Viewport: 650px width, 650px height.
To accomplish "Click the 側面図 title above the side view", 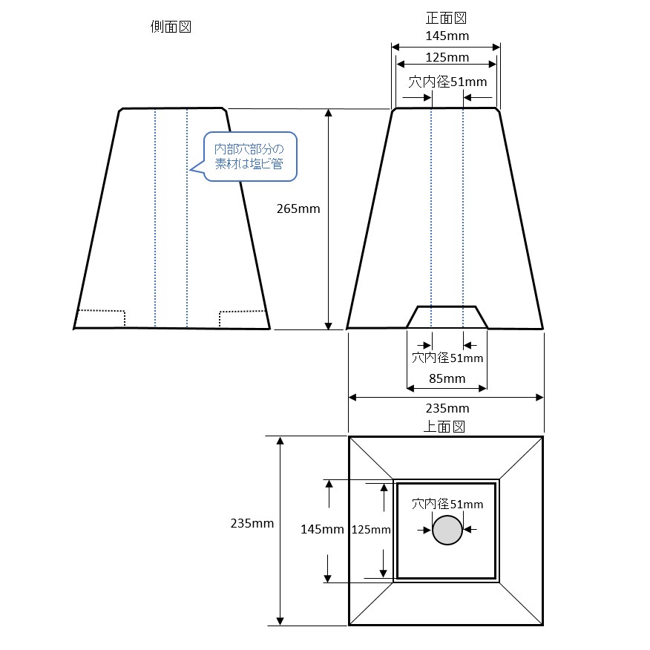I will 171,26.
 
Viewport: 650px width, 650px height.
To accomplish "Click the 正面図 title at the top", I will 446,17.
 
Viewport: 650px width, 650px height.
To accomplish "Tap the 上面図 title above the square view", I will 444,426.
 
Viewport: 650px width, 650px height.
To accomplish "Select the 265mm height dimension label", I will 298,209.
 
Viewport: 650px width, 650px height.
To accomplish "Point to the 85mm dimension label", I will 447,378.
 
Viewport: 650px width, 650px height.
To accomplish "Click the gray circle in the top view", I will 447,530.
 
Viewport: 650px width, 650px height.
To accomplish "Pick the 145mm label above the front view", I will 447,35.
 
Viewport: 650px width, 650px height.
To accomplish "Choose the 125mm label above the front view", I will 447,57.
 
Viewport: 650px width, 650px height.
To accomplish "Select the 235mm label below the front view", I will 447,408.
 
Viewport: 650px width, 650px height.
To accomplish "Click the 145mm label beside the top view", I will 322,529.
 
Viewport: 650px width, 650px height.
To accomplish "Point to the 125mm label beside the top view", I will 370,529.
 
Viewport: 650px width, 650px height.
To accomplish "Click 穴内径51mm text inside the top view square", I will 447,504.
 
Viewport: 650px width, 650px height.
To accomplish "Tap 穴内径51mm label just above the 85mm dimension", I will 447,358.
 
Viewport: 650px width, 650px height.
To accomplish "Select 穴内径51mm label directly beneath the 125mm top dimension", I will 447,82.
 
